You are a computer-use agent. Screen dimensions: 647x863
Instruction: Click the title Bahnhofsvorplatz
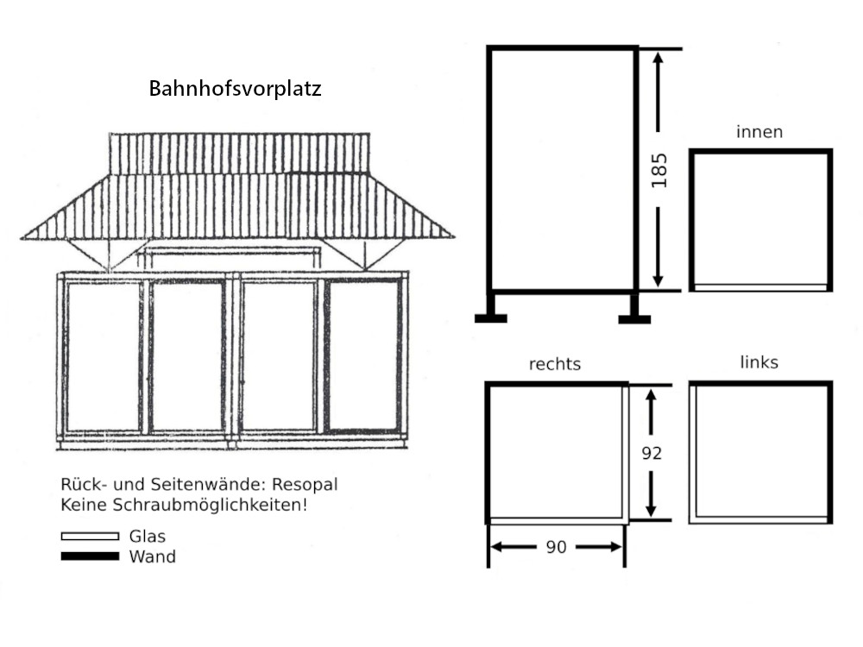pyautogui.click(x=235, y=89)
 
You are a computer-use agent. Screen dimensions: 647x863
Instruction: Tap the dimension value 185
pyautogui.click(x=660, y=170)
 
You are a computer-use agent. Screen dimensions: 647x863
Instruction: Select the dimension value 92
pyautogui.click(x=652, y=452)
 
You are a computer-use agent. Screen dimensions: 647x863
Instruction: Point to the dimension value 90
pyautogui.click(x=557, y=547)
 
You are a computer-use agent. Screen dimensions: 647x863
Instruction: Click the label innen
pyautogui.click(x=759, y=132)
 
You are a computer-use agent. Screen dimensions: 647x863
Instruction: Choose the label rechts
pyautogui.click(x=554, y=364)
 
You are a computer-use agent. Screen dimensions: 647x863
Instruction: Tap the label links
pyautogui.click(x=759, y=362)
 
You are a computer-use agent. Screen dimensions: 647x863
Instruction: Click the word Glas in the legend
pyautogui.click(x=147, y=536)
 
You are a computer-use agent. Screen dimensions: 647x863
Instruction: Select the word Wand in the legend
pyautogui.click(x=152, y=556)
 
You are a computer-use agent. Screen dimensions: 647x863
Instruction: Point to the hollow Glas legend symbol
pyautogui.click(x=90, y=537)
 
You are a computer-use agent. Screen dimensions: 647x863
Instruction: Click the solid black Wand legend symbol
pyautogui.click(x=90, y=556)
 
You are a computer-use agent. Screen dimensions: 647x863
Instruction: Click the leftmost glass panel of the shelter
pyautogui.click(x=102, y=355)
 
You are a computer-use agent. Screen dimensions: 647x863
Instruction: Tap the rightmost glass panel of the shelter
pyautogui.click(x=362, y=355)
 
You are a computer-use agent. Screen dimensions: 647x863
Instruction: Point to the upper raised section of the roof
pyautogui.click(x=239, y=153)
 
